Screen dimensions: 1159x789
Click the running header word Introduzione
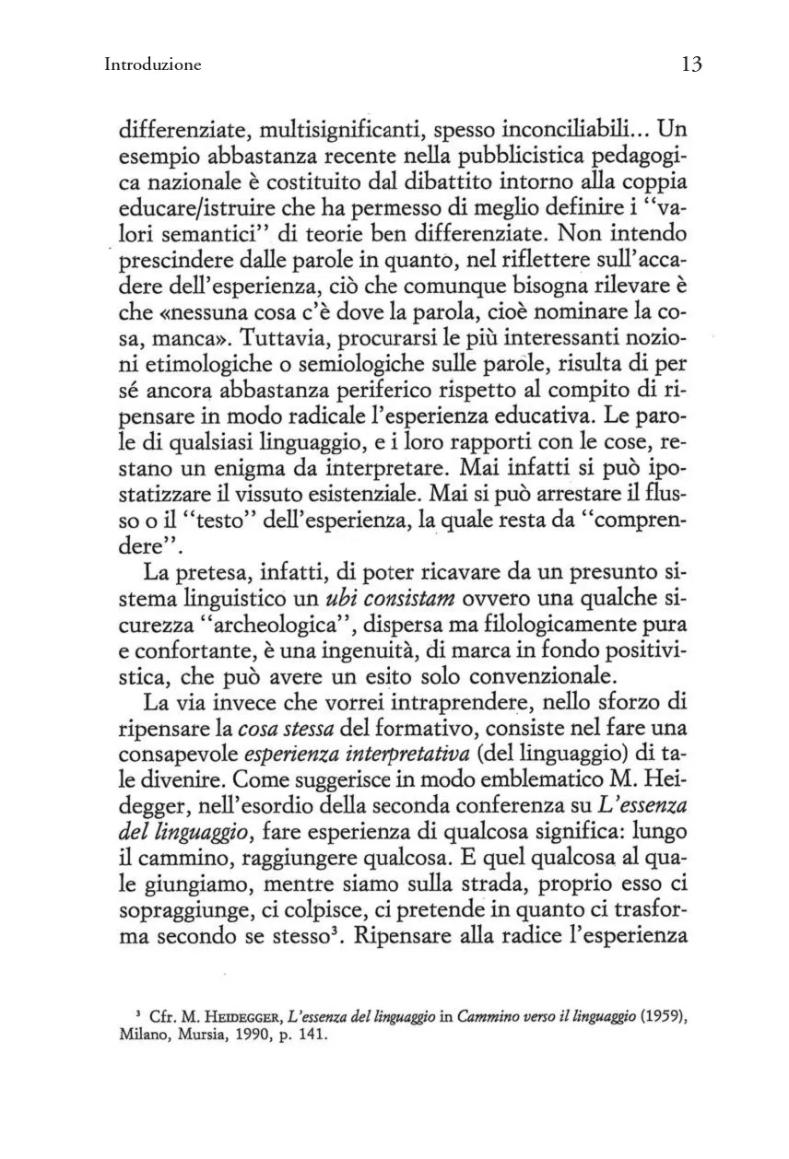(x=153, y=64)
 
